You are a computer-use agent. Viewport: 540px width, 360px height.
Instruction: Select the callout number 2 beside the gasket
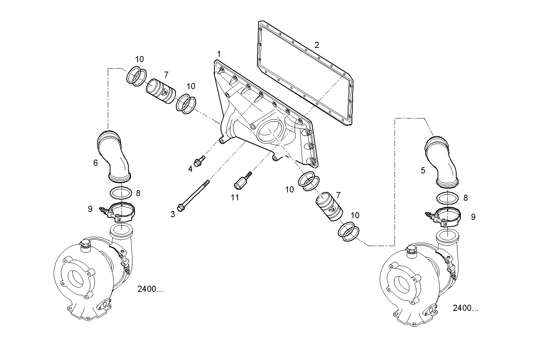click(317, 45)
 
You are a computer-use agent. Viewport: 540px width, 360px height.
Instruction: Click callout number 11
click(235, 197)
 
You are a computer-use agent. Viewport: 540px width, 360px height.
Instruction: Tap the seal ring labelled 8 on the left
click(121, 193)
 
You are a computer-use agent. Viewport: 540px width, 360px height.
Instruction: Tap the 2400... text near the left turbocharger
click(150, 289)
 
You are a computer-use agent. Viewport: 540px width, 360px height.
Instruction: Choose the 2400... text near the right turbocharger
click(465, 308)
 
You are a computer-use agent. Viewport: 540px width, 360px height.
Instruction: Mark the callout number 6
click(96, 163)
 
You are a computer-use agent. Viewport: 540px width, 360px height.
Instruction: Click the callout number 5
click(423, 171)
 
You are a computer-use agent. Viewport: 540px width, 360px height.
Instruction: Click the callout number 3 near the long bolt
click(173, 214)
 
